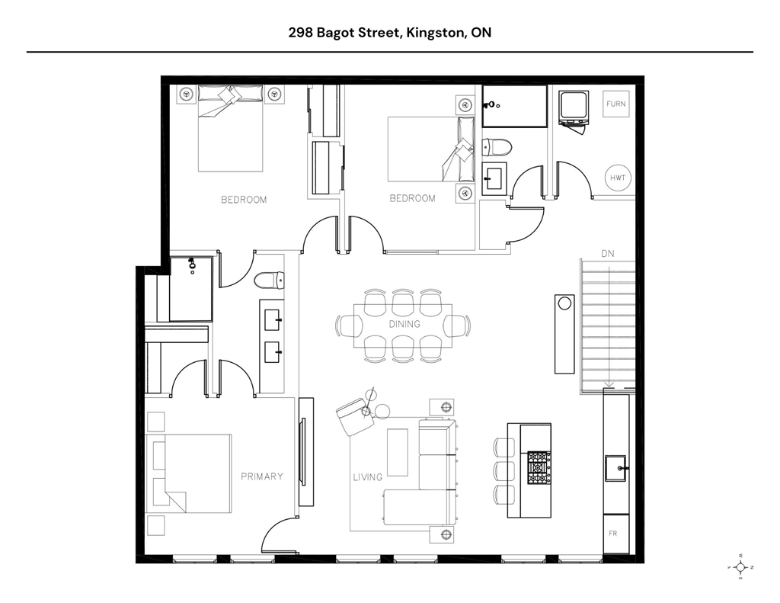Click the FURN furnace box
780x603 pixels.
pyautogui.click(x=616, y=104)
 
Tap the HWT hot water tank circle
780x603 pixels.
pyautogui.click(x=617, y=178)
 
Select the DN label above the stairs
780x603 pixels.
pyautogui.click(x=607, y=253)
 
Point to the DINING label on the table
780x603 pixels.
pyautogui.click(x=404, y=324)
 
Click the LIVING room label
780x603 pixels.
pyautogui.click(x=367, y=477)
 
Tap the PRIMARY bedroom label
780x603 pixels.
pyautogui.click(x=262, y=476)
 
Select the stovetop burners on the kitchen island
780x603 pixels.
pyautogui.click(x=539, y=464)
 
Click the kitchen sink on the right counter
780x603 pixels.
pyautogui.click(x=615, y=467)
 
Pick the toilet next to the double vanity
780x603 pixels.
pyautogui.click(x=268, y=281)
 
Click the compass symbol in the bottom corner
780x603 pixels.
pyautogui.click(x=740, y=567)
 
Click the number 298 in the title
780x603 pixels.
pyautogui.click(x=299, y=33)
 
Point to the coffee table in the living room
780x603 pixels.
pyautogui.click(x=398, y=452)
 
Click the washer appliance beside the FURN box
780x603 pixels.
pyautogui.click(x=573, y=108)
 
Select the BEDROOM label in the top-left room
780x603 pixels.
pyautogui.click(x=244, y=200)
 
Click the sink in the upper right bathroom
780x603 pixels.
pyautogui.click(x=494, y=178)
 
